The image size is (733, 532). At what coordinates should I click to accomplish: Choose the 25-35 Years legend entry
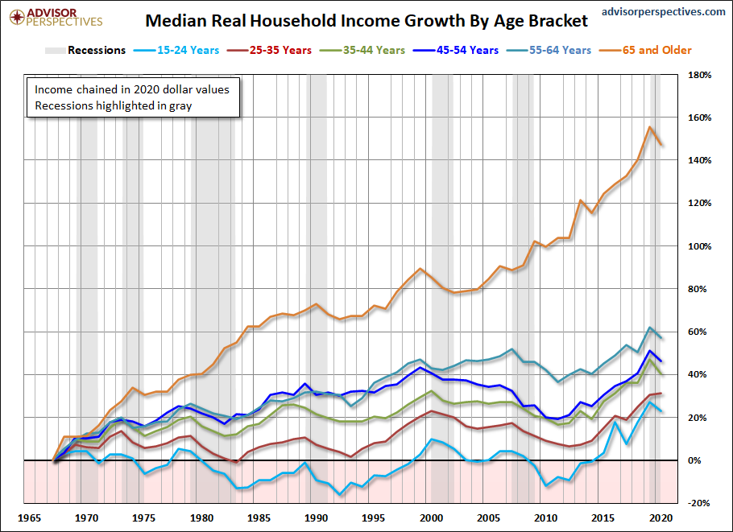pos(280,50)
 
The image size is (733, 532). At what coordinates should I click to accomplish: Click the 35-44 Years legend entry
pos(374,50)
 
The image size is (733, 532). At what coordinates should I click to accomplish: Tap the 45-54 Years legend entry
pos(467,50)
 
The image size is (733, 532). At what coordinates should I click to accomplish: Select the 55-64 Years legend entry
pos(561,50)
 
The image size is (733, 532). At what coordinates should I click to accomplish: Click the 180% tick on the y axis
pos(698,75)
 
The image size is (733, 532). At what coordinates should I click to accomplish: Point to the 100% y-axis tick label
pos(698,246)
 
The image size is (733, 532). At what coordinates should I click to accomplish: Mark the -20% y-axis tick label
pos(698,503)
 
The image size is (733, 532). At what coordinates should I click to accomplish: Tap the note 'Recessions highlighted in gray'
pos(112,105)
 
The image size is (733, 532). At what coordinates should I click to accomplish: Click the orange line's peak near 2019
pos(649,127)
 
